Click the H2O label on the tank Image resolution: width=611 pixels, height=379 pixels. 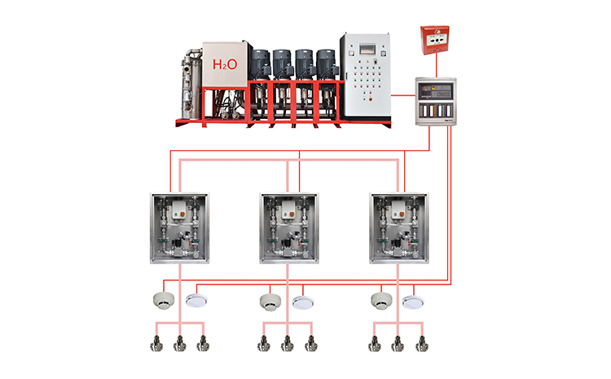[x=225, y=64]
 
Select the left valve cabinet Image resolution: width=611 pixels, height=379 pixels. [x=179, y=227]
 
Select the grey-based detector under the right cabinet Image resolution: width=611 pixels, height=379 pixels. [x=381, y=301]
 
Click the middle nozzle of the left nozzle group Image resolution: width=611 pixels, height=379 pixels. [x=179, y=344]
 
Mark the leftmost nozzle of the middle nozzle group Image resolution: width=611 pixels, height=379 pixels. [x=264, y=344]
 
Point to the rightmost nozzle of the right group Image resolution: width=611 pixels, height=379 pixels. [x=420, y=344]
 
